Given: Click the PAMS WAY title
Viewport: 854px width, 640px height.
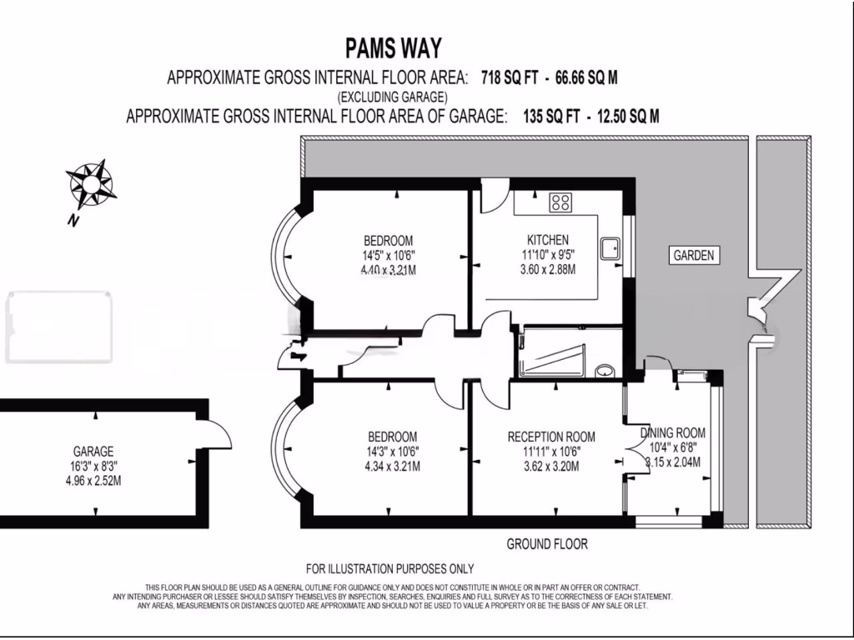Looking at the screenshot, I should tap(393, 47).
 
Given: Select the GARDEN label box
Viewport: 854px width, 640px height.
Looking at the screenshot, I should tap(695, 256).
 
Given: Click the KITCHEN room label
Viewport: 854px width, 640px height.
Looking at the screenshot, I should tap(547, 239).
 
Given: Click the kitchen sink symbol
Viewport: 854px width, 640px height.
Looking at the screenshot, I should tap(613, 245).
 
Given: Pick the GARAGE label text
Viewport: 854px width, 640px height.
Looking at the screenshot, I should tap(93, 452).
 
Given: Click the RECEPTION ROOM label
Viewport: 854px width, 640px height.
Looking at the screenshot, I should tap(551, 437).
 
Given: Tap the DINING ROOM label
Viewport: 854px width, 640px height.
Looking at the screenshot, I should tap(673, 433).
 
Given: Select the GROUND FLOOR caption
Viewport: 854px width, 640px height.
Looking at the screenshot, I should tap(547, 544).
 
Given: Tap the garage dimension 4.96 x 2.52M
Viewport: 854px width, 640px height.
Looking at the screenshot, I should tap(93, 481).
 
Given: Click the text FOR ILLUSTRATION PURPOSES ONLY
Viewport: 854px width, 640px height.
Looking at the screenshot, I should tap(389, 569).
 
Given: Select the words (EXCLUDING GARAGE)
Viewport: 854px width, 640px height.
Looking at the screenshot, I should tap(393, 97).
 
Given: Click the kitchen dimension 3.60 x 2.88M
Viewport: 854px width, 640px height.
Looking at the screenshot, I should tap(547, 268).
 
